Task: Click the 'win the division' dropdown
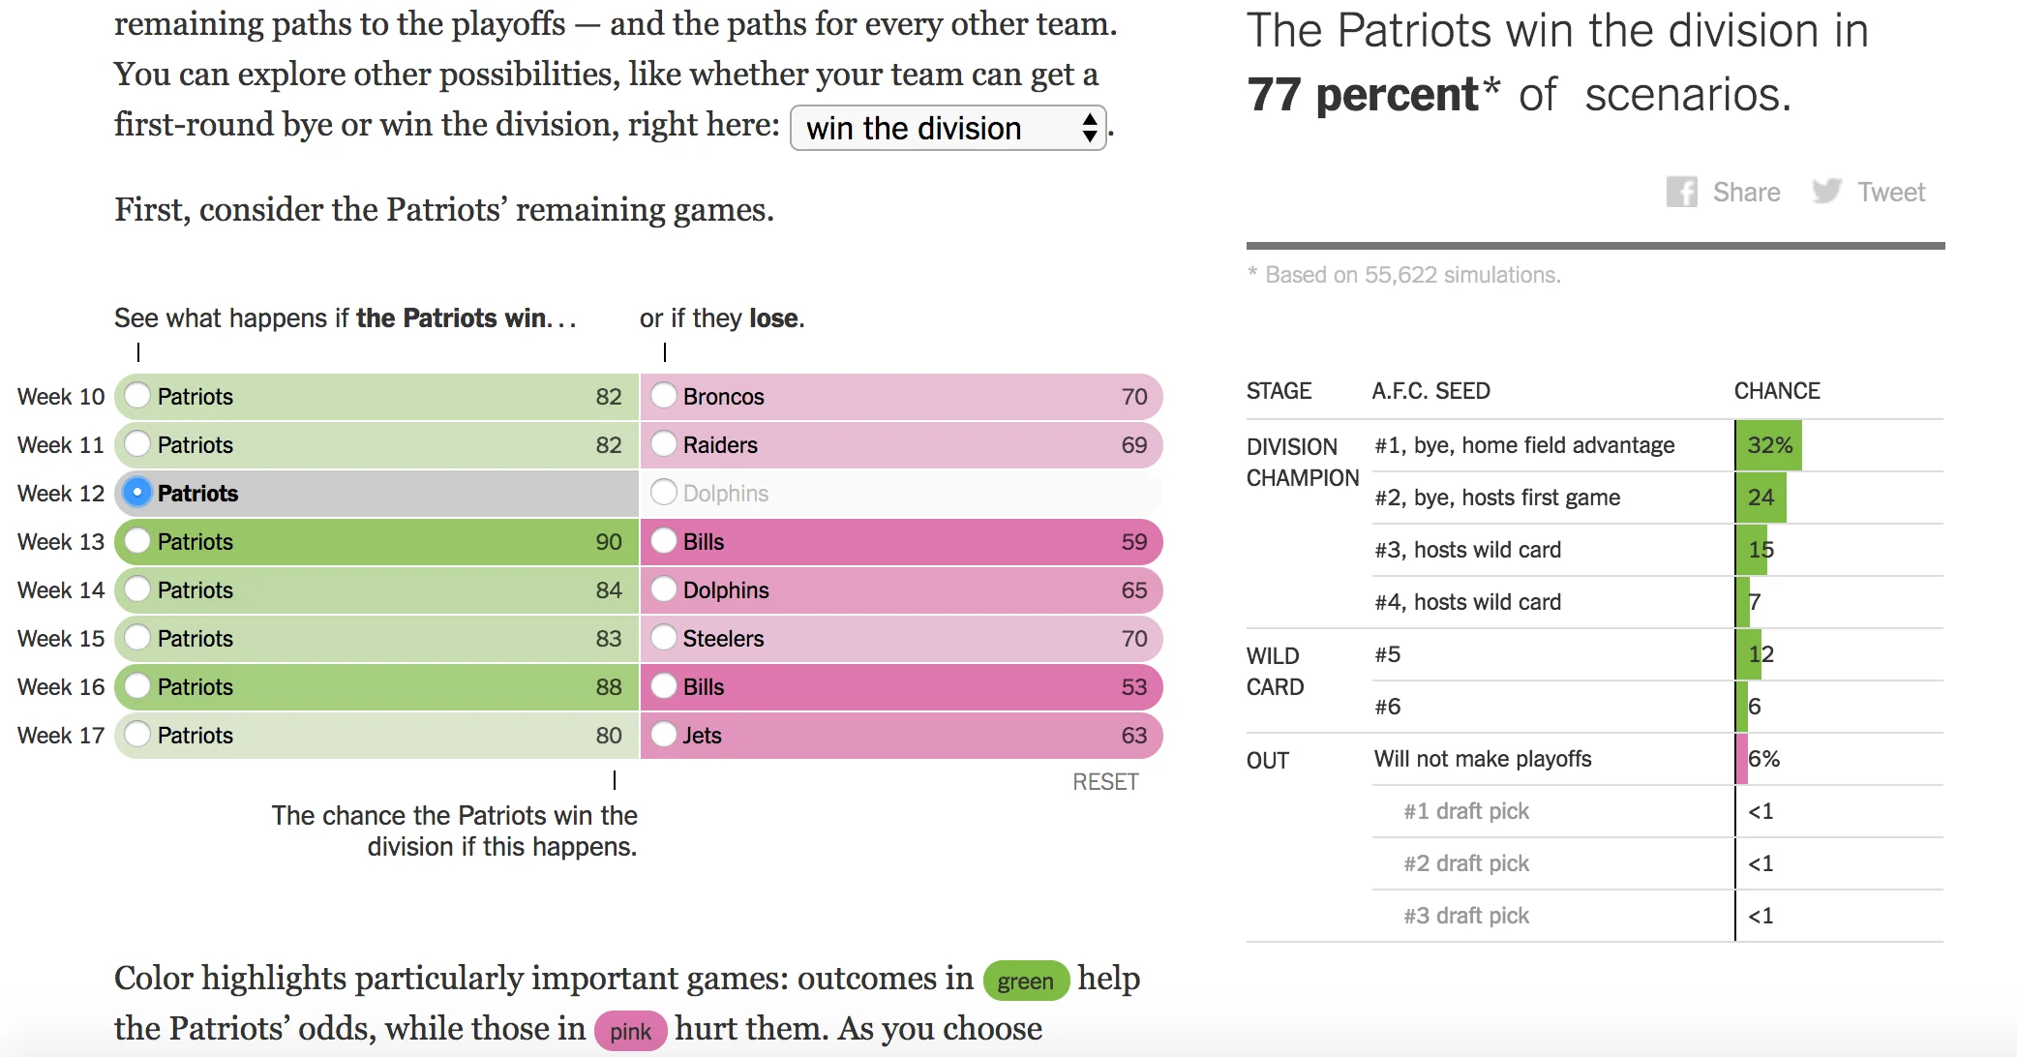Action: [x=948, y=128]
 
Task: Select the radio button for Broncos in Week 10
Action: [x=664, y=396]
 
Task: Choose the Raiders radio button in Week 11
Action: [x=664, y=444]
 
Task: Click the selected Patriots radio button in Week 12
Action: [x=138, y=493]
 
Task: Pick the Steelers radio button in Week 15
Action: [x=664, y=638]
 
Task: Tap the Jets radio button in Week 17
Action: [x=664, y=735]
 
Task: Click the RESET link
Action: [x=1105, y=782]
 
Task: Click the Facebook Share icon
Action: [x=1682, y=192]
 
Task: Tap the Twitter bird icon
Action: [x=1826, y=192]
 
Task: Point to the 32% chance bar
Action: [x=1769, y=445]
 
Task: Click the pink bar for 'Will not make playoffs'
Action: [x=1742, y=759]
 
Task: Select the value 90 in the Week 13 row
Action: [x=609, y=542]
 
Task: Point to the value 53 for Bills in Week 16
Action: [x=1133, y=687]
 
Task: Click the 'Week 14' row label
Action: [x=61, y=590]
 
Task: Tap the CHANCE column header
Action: [x=1777, y=391]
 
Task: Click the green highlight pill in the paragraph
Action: [x=1025, y=981]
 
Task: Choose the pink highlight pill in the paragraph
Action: [x=630, y=1032]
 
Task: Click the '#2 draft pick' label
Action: [x=1466, y=863]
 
